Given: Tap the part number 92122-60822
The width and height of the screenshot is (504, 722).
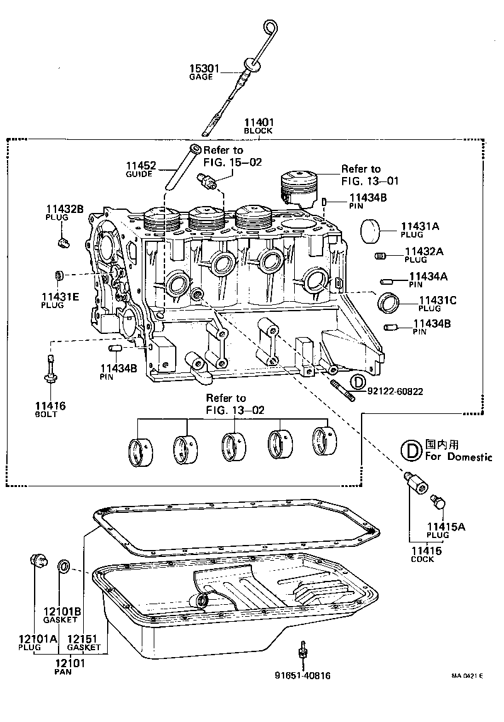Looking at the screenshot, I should [394, 391].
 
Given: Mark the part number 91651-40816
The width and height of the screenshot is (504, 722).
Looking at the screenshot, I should [302, 675].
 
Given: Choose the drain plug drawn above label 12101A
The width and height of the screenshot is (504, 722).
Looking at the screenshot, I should [38, 559].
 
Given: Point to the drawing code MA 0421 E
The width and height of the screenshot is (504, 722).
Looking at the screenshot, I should [467, 677].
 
